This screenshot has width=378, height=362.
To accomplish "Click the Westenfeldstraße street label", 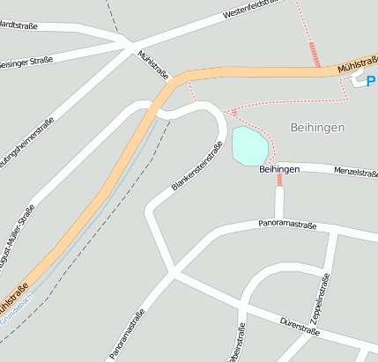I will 250,10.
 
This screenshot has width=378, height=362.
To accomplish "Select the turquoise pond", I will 248,145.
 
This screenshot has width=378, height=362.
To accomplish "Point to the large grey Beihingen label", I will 315,128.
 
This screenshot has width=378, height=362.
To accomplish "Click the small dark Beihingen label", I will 280,168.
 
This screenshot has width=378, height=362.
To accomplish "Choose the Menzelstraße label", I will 356,173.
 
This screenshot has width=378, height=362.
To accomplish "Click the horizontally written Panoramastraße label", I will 287,225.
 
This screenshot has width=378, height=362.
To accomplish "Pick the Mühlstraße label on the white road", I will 153,66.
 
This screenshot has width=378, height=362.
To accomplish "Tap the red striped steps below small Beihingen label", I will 280,180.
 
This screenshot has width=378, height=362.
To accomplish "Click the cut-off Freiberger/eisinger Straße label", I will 26,62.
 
